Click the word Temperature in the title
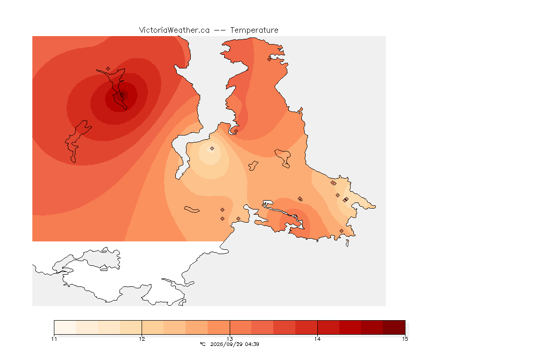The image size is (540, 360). tap(254, 30)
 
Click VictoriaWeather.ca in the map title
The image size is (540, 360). tap(174, 30)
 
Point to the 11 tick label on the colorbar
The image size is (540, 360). tap(54, 339)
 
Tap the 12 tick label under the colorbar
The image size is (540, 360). tap(142, 339)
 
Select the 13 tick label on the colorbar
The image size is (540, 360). tap(230, 339)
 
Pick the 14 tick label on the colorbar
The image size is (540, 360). tap(317, 339)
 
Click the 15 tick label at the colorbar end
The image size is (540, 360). tap(405, 339)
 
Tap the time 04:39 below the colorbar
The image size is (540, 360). tap(252, 344)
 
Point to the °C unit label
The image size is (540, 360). tap(202, 344)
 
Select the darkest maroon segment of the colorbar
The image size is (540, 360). tap(394, 327)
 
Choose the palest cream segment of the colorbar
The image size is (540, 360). tap(65, 327)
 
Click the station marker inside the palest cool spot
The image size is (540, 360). tap(212, 149)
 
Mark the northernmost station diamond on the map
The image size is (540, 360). tap(270, 59)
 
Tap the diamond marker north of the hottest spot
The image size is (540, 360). tap(108, 69)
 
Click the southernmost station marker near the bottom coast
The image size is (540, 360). tap(341, 231)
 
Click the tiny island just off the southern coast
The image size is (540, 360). tap(347, 243)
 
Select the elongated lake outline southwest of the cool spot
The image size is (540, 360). tap(192, 210)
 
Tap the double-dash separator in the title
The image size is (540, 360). tap(220, 30)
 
